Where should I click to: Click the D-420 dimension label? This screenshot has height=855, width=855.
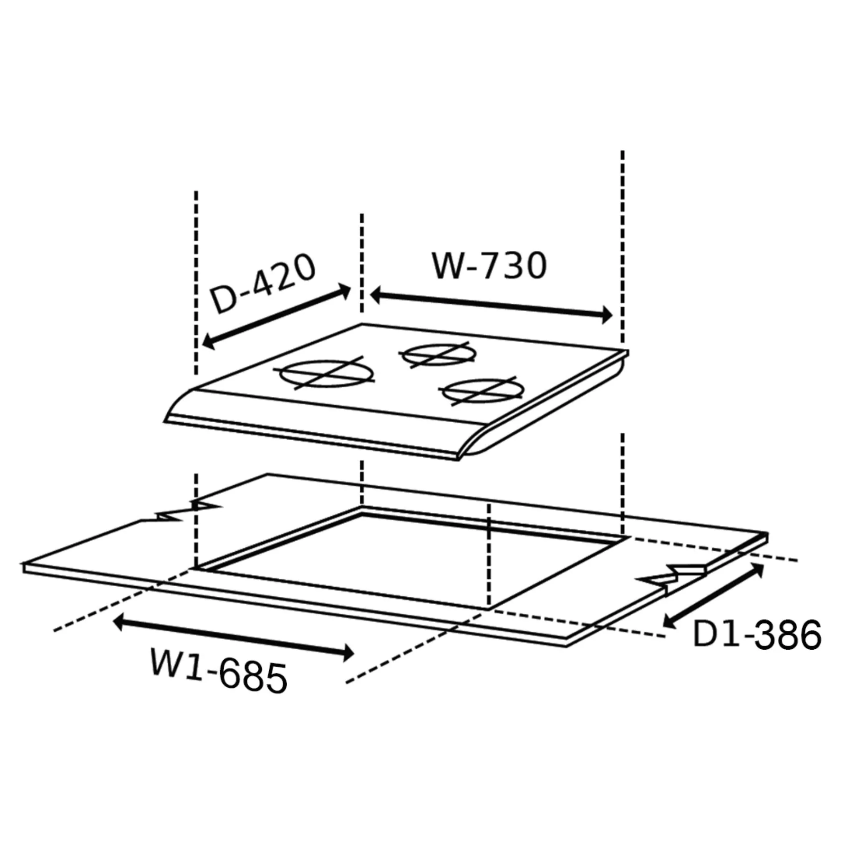pos(263,283)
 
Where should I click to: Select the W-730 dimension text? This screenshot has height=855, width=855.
pos(489,266)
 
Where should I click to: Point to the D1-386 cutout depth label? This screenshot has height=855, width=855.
pos(757,635)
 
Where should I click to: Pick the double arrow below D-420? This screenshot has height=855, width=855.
pos(276,316)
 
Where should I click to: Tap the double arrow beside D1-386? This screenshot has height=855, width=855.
pos(714,594)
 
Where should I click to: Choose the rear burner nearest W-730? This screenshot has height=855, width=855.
pos(438,355)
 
